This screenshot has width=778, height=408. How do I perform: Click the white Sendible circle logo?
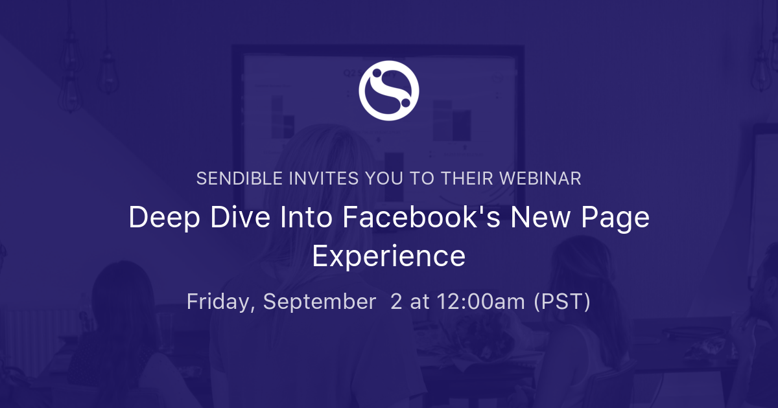pos(389,91)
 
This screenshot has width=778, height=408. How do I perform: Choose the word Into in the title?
pos(294,218)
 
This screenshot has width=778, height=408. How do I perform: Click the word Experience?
pos(389,256)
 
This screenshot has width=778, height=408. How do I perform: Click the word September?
pos(319,302)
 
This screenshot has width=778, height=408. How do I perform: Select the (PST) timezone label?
pos(561,302)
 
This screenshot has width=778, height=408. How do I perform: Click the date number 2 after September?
pos(396,302)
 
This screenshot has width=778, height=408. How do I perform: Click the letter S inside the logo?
pos(389,91)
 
